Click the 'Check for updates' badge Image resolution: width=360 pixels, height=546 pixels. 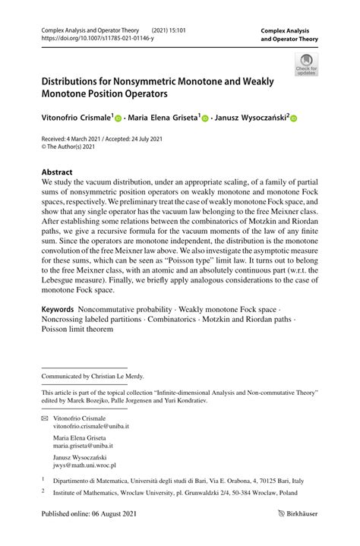[306, 64]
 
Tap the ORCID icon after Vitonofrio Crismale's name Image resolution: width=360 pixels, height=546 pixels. [119, 118]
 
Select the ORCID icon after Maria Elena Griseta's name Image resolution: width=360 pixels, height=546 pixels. [205, 118]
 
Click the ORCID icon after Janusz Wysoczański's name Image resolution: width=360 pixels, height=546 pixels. [293, 118]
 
